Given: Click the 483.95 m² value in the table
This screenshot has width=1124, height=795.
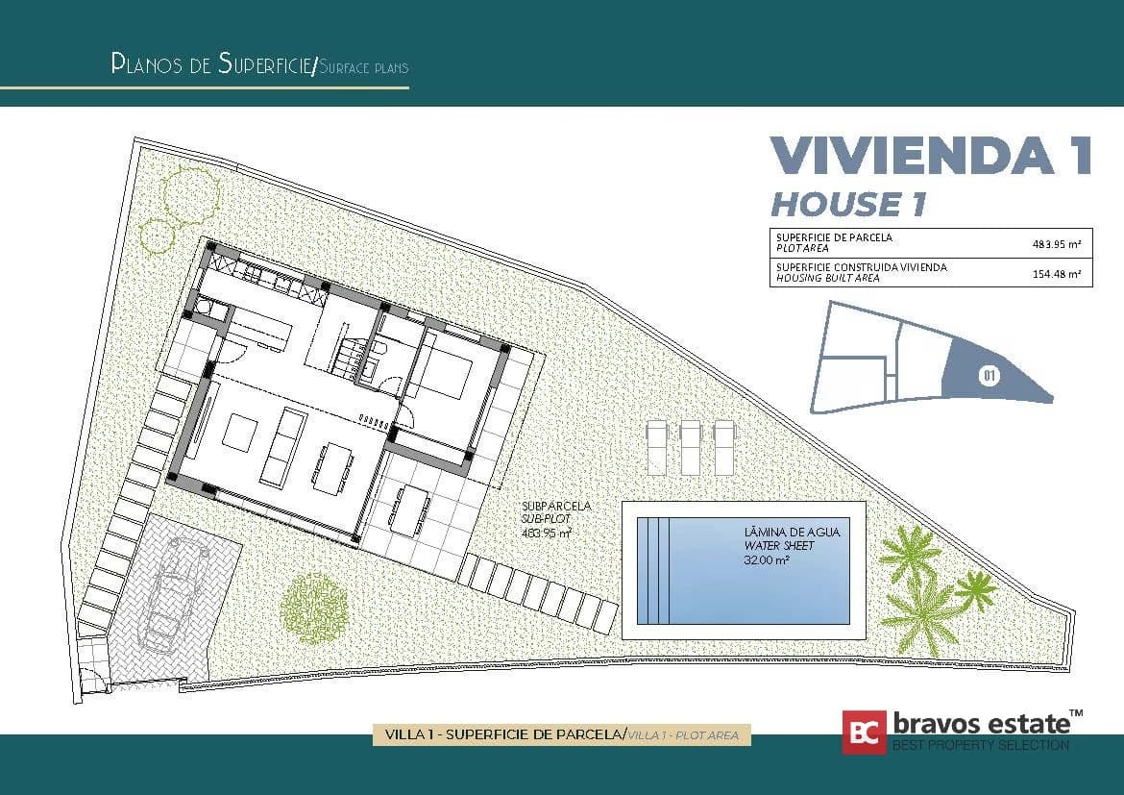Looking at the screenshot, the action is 1056,244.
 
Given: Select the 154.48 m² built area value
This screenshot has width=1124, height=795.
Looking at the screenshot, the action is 1056,273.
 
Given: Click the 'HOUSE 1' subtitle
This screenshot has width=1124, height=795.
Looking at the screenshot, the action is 848,205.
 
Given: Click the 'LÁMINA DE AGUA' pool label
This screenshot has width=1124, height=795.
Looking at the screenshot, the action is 792,533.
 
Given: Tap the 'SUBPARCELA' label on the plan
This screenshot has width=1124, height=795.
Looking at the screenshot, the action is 556,506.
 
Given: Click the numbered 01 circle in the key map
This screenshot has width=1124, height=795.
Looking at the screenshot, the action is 990,375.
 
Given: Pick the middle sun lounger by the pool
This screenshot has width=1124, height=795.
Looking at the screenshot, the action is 690,447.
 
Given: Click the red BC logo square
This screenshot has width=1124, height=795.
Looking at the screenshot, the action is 864,733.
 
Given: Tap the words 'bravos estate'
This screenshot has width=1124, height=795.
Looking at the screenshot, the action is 982,723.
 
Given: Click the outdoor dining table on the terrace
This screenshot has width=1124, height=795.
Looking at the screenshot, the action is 408,510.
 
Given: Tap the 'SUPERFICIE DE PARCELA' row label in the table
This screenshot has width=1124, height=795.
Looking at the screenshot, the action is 835,237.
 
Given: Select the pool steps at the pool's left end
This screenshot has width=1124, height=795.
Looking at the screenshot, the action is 654,570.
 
